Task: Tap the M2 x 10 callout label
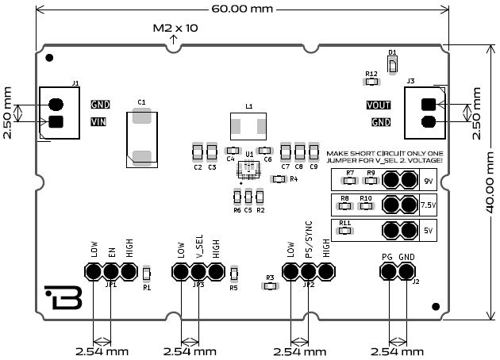coord(175,28)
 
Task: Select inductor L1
coord(248,125)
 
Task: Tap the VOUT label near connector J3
coord(379,105)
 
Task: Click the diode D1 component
coord(392,63)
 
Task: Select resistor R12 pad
coord(371,80)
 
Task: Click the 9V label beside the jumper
coord(429,182)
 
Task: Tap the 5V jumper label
coord(429,232)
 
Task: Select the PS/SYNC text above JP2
coord(308,238)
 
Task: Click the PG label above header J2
coord(387,257)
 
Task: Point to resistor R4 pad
coord(279,179)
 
